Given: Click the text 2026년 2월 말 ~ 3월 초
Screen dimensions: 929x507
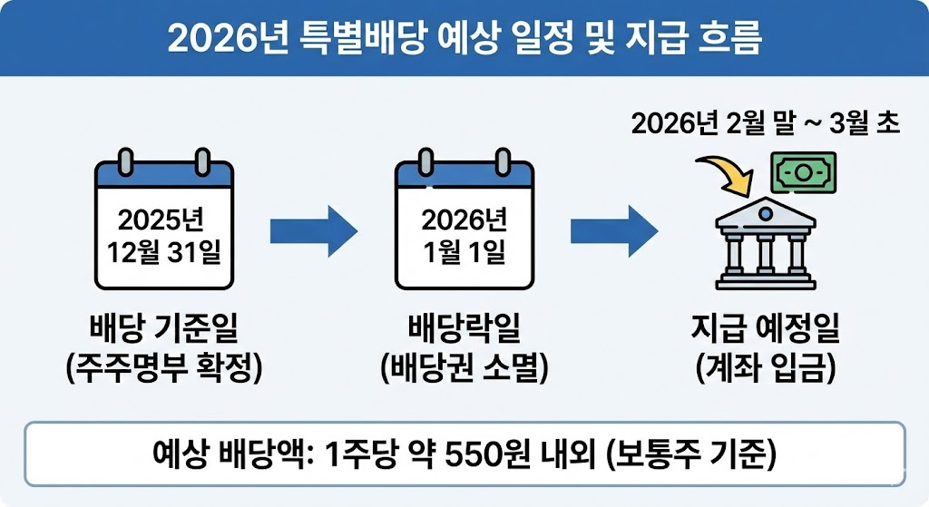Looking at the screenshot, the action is click(765, 123).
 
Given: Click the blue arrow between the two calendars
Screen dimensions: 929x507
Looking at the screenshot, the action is click(313, 231).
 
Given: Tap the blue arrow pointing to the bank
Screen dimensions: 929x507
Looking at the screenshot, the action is click(612, 231).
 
